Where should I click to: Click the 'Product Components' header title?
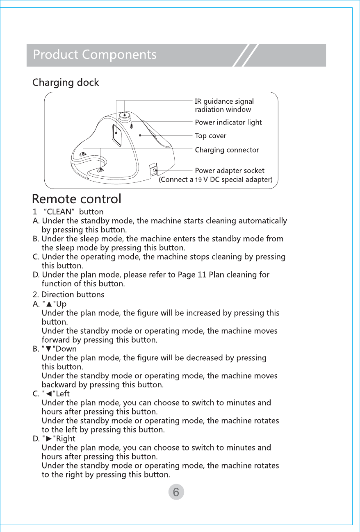[95, 55]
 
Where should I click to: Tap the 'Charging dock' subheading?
[66, 82]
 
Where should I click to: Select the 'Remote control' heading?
[77, 199]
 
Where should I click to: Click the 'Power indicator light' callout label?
[228, 122]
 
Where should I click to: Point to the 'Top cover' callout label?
[210, 136]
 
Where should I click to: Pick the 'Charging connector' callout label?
[227, 150]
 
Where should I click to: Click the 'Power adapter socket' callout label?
[230, 171]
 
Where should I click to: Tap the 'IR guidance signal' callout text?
[224, 101]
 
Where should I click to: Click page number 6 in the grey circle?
[176, 492]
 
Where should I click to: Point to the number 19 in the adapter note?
[198, 180]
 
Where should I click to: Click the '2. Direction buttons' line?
[68, 295]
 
